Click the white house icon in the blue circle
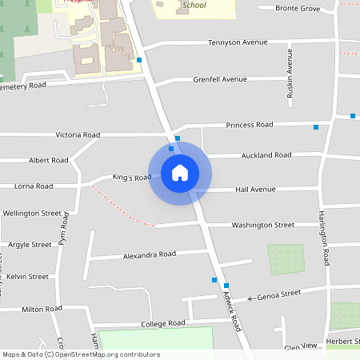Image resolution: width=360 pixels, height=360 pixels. coord(180,173)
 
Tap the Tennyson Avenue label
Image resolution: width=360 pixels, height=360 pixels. coord(237,42)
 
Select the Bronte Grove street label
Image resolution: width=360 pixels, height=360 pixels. coord(298,8)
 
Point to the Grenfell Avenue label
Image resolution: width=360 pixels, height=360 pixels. coord(220,80)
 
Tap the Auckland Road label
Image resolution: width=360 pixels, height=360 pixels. coord(260,154)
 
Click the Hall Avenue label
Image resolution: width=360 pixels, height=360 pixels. coord(255,190)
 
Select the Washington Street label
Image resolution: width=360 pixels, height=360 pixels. coord(263,226)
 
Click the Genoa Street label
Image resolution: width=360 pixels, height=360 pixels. coord(278,295)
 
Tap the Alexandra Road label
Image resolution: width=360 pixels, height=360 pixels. coord(149,254)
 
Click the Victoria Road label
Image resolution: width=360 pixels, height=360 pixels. coord(78,135)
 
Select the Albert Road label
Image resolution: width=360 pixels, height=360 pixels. coord(49,160)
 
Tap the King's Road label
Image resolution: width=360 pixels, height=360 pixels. coord(131,177)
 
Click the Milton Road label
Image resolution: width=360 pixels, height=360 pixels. coord(42,309)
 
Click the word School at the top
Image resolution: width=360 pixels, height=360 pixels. coord(194,5)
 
